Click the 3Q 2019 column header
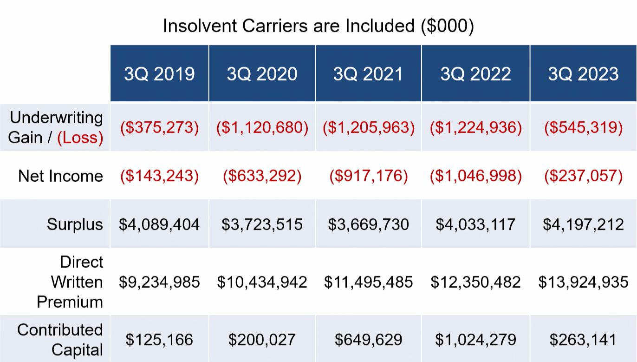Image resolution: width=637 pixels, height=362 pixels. (x=159, y=74)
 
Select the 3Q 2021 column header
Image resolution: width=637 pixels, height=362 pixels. (x=368, y=74)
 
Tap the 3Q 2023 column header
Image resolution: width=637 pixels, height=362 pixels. (x=583, y=74)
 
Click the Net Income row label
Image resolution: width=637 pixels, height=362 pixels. (x=60, y=176)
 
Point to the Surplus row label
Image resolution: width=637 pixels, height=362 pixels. (x=74, y=224)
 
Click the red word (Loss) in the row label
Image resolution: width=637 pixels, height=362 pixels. (x=80, y=138)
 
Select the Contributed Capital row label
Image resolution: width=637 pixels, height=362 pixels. (x=60, y=339)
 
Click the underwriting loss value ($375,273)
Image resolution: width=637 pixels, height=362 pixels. (x=159, y=128)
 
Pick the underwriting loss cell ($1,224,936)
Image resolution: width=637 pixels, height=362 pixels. (x=475, y=128)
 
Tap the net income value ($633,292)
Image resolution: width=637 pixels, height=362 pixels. (x=262, y=176)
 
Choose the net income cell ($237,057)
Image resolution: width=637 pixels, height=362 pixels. (x=583, y=176)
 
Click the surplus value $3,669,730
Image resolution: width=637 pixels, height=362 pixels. (x=368, y=224)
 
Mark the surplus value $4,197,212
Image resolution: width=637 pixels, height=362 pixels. (x=583, y=224)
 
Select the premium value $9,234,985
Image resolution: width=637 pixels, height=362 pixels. (x=159, y=282)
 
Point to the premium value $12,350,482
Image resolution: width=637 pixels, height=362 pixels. (x=475, y=282)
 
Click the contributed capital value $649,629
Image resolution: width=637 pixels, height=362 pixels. (x=368, y=340)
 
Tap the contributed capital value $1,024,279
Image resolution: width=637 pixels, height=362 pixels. (x=475, y=340)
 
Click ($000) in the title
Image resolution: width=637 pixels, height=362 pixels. (x=447, y=26)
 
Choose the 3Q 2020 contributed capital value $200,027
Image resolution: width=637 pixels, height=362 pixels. (x=262, y=340)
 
